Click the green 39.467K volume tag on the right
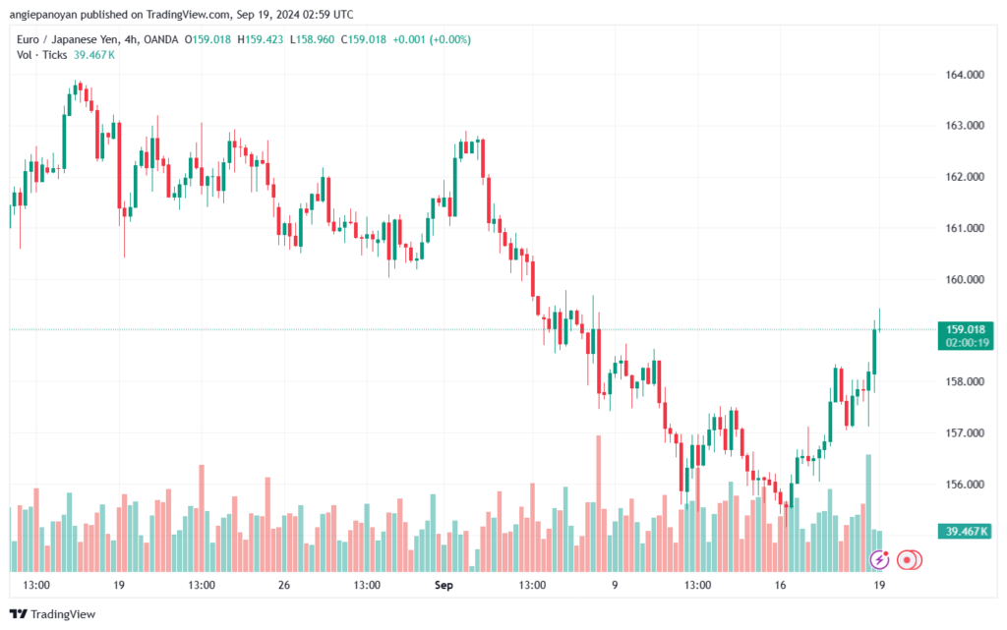tap(966, 532)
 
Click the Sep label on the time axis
tap(444, 585)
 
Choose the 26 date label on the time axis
tap(283, 585)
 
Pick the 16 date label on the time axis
tap(780, 585)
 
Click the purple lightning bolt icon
tap(880, 559)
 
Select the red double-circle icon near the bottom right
tap(909, 559)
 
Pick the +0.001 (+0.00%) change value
tap(432, 39)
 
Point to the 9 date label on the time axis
tap(614, 585)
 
